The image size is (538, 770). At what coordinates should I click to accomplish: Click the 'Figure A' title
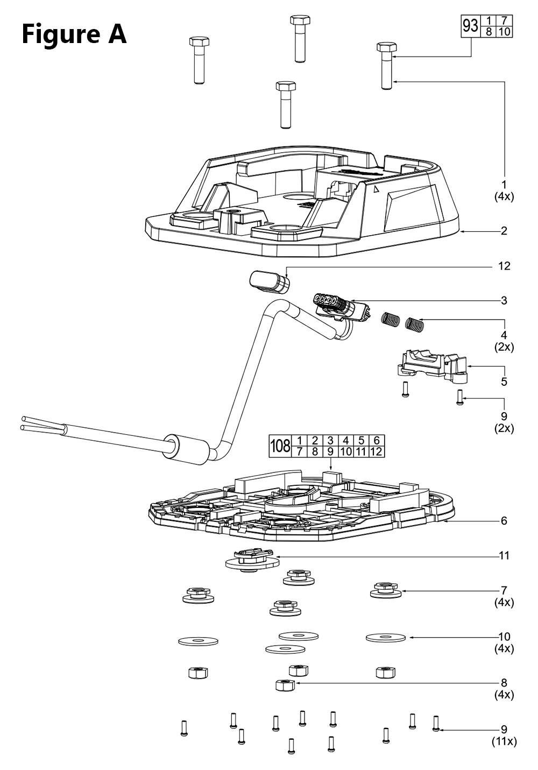click(x=74, y=34)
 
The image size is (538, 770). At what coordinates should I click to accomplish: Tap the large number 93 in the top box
click(x=470, y=26)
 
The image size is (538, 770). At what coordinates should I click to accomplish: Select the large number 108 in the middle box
click(x=280, y=446)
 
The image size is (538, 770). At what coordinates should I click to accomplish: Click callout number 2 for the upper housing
click(x=504, y=231)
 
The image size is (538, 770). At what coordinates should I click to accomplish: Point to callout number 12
click(x=504, y=266)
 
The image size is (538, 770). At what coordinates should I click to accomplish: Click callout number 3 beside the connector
click(x=504, y=300)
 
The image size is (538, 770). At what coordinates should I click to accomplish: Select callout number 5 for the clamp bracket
click(x=504, y=382)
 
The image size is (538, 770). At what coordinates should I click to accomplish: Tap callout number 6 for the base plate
click(x=504, y=521)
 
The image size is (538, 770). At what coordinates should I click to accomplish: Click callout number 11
click(x=504, y=555)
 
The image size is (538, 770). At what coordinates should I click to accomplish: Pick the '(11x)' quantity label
click(x=504, y=741)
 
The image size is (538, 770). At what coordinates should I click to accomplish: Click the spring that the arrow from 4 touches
click(x=414, y=324)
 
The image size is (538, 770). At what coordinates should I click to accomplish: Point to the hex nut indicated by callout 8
click(x=284, y=685)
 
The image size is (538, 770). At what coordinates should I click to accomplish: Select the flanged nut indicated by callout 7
click(x=385, y=589)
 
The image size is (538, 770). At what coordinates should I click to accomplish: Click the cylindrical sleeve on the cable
click(x=186, y=448)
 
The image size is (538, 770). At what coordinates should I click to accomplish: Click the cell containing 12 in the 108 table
click(x=377, y=451)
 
